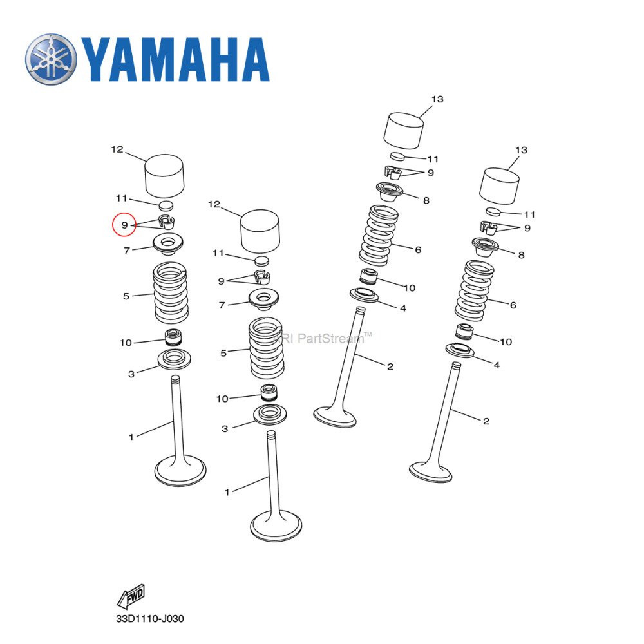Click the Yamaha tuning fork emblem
point(52,59)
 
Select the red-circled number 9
point(124,225)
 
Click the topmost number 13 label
point(437,99)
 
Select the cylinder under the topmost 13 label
point(404,131)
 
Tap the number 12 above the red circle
point(117,149)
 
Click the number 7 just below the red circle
point(127,250)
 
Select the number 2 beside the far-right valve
point(486,421)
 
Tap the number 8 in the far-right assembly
point(521,255)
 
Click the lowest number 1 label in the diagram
point(227,493)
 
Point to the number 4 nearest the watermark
point(402,308)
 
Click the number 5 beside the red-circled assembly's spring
point(126,296)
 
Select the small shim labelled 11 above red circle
point(166,205)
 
